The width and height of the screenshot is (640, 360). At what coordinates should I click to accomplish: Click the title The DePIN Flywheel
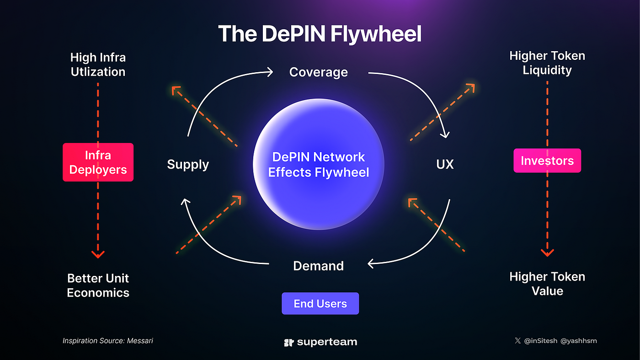[320, 34]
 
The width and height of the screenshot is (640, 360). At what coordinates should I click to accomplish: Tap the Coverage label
[319, 72]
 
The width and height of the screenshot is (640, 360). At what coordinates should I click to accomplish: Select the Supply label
[188, 164]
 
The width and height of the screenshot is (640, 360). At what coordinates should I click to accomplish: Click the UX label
[444, 164]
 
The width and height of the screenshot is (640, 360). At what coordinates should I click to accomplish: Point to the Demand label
[319, 265]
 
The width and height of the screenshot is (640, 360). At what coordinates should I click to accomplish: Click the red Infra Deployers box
[98, 162]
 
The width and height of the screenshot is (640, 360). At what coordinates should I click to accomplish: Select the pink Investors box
[547, 160]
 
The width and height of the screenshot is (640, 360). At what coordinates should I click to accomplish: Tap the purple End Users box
[320, 303]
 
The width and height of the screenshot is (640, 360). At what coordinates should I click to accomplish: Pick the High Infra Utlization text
[98, 64]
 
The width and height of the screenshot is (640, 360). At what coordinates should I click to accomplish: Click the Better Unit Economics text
[98, 285]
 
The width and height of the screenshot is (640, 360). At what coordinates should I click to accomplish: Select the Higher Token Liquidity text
[547, 63]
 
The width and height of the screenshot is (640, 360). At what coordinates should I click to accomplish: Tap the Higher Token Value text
[547, 284]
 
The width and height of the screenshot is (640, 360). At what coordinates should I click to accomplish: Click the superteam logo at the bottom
[320, 342]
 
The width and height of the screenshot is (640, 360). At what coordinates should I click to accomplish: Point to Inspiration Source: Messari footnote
[107, 341]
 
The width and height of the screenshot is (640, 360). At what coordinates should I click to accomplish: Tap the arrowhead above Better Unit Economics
[98, 254]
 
